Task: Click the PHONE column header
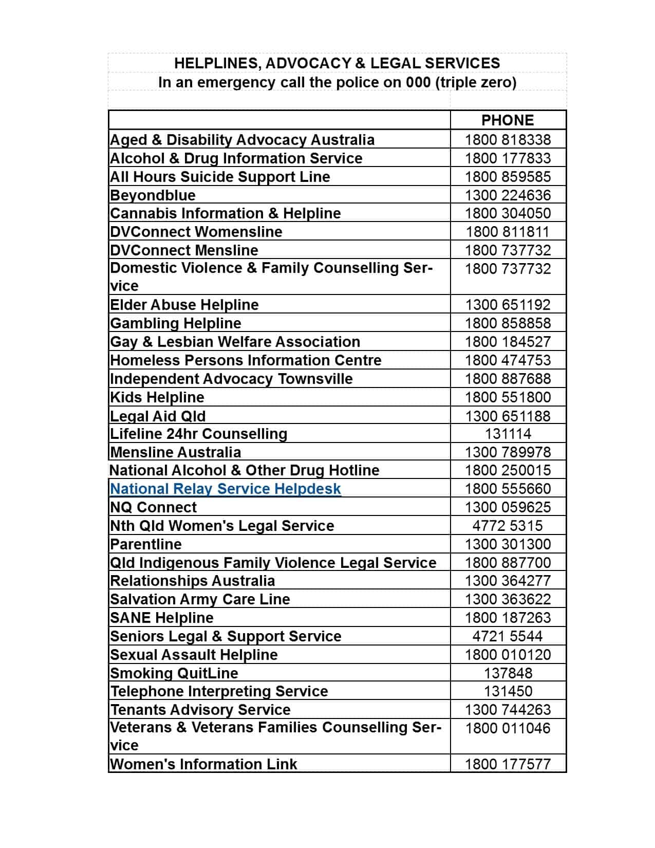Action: (508, 120)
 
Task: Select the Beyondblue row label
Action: (153, 195)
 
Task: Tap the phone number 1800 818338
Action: (508, 140)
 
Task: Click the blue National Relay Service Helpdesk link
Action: (226, 489)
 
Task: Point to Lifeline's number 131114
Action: (508, 434)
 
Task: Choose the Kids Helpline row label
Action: (157, 397)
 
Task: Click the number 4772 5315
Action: (508, 526)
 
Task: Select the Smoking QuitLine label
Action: (174, 673)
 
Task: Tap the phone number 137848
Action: (508, 673)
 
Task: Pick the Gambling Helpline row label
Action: (176, 323)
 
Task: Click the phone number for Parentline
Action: (508, 544)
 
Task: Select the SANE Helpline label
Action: (162, 618)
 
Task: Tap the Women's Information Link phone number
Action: (508, 764)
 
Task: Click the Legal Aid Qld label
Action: (158, 416)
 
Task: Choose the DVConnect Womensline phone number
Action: (508, 232)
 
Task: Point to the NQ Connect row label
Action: (154, 507)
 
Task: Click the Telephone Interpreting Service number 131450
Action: (508, 691)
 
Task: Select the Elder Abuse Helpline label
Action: (184, 305)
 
